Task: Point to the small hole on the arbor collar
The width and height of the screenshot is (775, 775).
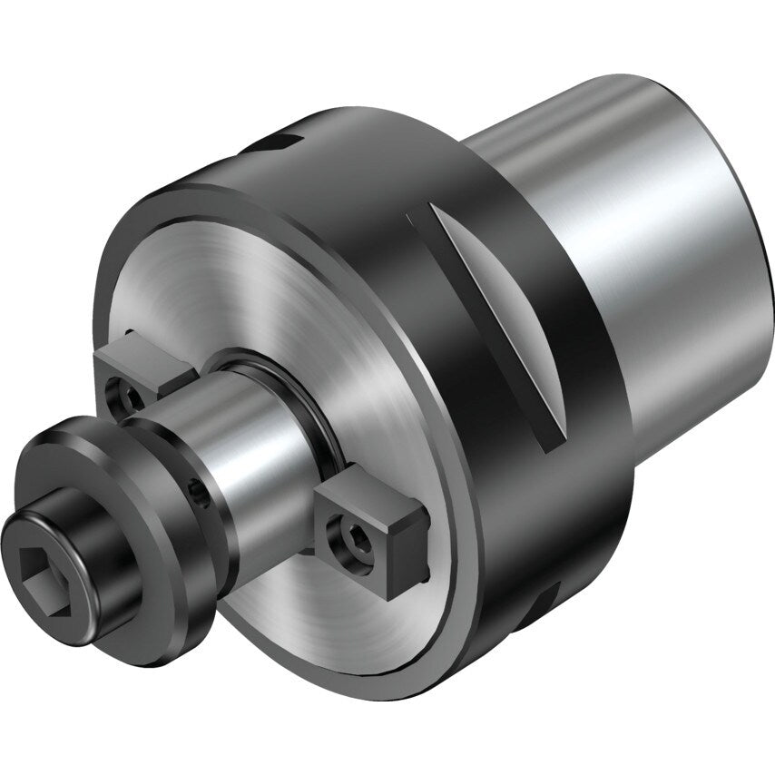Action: (x=198, y=491)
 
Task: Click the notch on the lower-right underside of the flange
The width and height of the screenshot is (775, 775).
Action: (x=544, y=599)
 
